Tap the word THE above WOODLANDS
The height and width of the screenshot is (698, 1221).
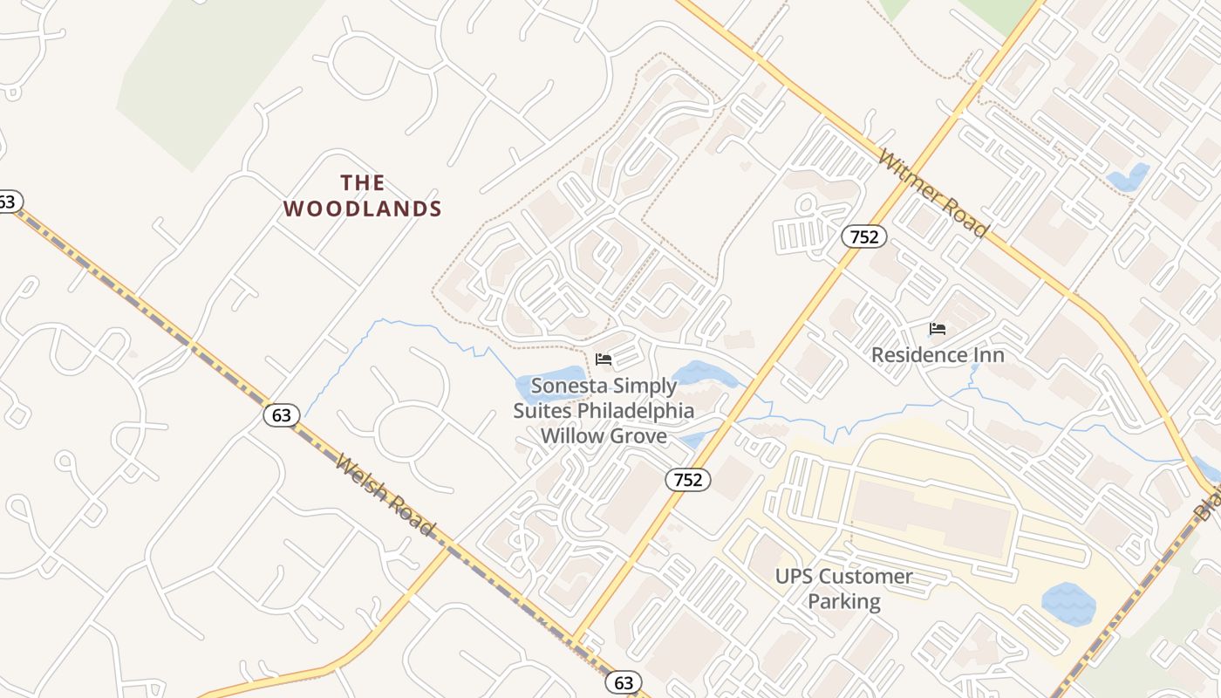tap(363, 183)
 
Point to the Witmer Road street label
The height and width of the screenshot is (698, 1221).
tap(933, 193)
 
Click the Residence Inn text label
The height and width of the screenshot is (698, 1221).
tap(938, 355)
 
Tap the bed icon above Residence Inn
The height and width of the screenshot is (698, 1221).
tap(938, 329)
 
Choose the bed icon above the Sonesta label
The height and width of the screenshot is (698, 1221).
tap(604, 359)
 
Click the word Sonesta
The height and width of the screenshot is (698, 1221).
tap(567, 386)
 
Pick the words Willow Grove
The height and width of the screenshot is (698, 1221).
tap(604, 435)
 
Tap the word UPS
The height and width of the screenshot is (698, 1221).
tap(795, 577)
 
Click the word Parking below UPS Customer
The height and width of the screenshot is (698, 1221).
tap(843, 601)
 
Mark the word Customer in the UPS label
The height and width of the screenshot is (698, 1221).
tap(866, 577)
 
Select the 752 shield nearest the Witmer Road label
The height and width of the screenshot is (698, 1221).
tap(864, 236)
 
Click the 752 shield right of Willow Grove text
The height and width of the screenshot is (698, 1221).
tap(688, 479)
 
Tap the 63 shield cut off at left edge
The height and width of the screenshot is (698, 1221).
tap(7, 202)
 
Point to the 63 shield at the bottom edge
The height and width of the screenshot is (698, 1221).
tap(623, 682)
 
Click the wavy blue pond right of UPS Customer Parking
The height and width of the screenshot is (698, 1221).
tap(1068, 604)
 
